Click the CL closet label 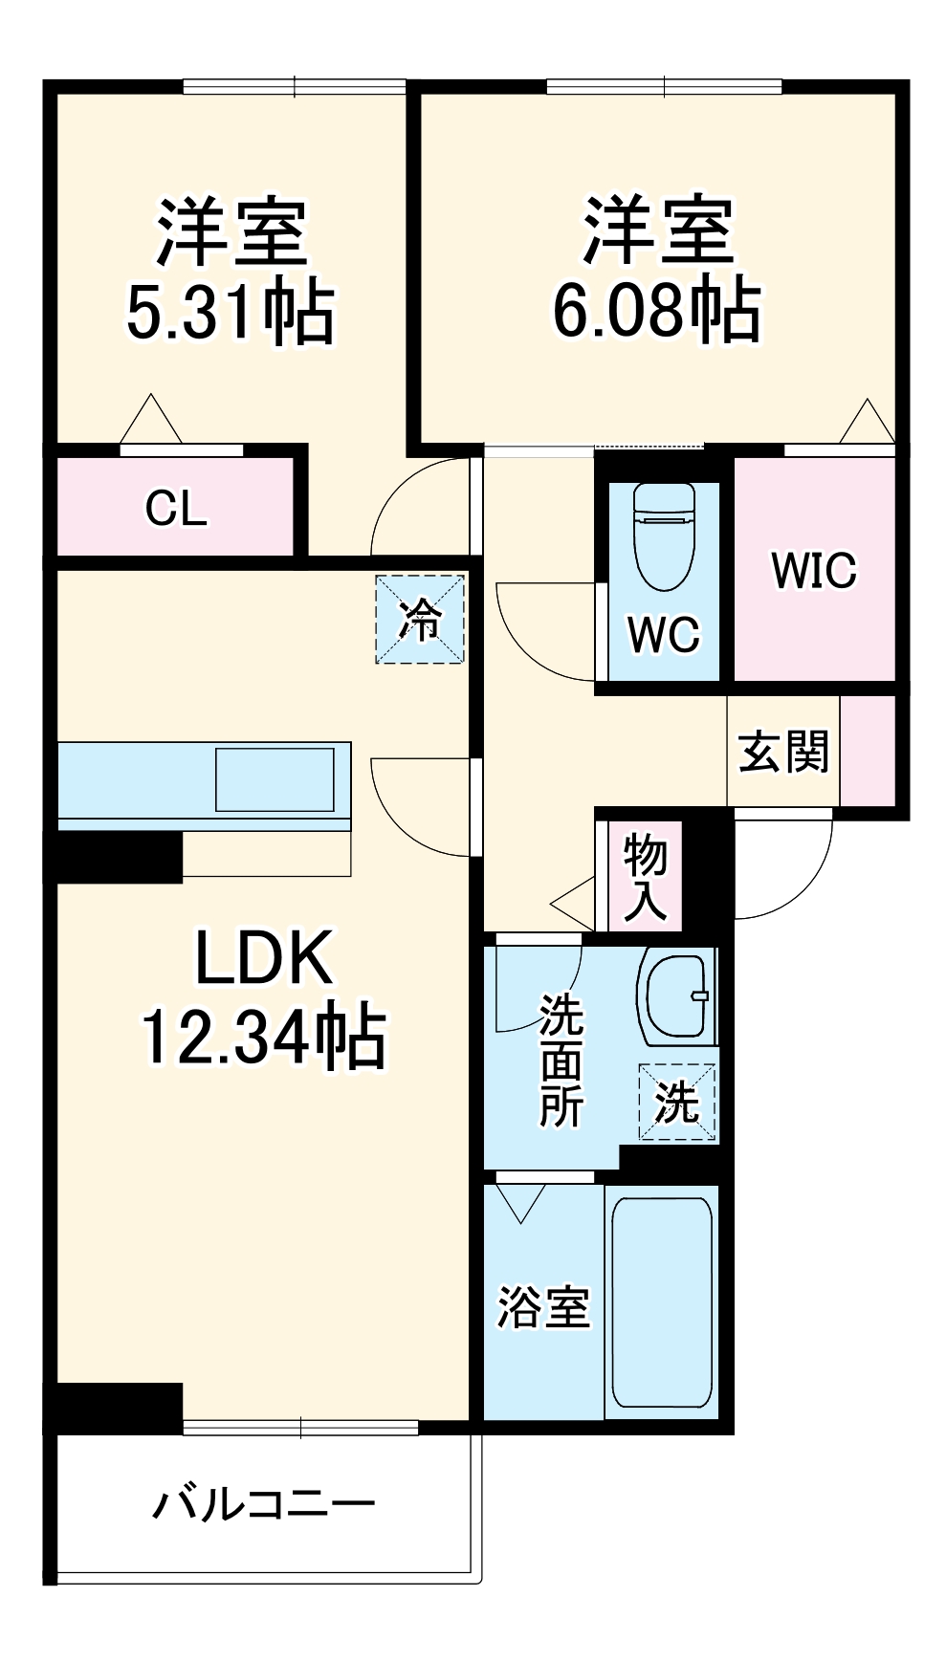[x=176, y=508]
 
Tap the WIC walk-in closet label [x=814, y=570]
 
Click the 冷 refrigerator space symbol [x=419, y=619]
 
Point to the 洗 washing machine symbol [x=678, y=1103]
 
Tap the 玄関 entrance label [x=783, y=752]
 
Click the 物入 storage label [x=646, y=876]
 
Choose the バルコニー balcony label [x=265, y=1504]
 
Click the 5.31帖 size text [x=231, y=312]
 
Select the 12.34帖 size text [x=264, y=1037]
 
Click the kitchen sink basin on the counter [x=275, y=779]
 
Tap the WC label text [x=664, y=634]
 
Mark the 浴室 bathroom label [x=543, y=1307]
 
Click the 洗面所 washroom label [x=561, y=1061]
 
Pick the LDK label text [x=264, y=958]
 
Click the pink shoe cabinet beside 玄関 [x=868, y=751]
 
